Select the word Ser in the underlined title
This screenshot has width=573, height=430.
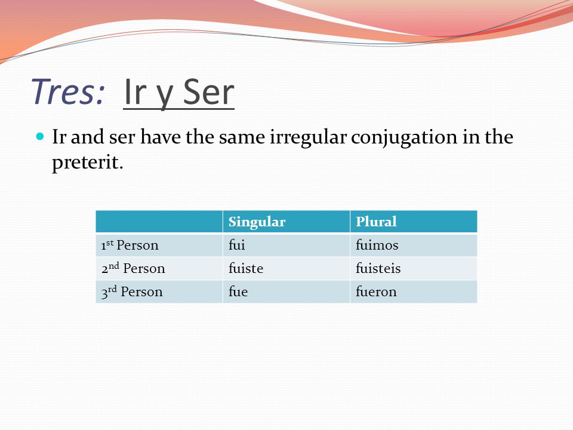coord(208,91)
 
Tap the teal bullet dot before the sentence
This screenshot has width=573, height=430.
coord(40,137)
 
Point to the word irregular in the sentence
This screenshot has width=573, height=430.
coord(308,138)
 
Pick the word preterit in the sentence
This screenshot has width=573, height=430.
coord(88,162)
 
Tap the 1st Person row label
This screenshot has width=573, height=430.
coord(130,245)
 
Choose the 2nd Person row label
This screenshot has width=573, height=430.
coord(133,268)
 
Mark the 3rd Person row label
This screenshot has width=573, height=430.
coord(132,291)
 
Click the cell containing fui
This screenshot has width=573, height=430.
coord(286,245)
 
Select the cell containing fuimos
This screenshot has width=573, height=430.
coord(414,245)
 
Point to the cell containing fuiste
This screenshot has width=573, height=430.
coord(286,268)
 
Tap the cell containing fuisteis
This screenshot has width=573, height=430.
coord(414,268)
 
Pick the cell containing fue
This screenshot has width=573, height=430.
coord(286,291)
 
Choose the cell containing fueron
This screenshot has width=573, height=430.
coord(414,291)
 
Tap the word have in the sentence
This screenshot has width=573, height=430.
coord(160,137)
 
